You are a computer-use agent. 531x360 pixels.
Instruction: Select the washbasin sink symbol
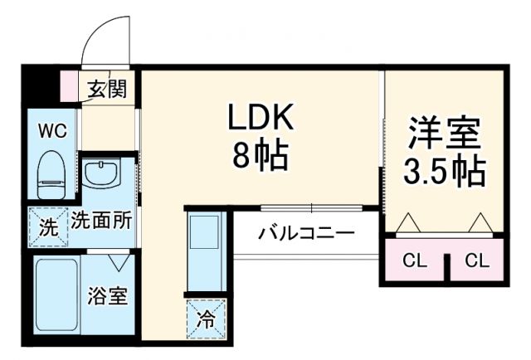pos(103,175)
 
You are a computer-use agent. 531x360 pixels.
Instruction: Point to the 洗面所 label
pos(102,221)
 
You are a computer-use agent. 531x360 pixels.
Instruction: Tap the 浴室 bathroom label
pos(108,296)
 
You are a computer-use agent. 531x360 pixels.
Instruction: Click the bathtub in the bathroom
pos(57,295)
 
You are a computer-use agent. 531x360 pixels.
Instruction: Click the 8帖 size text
pos(261,155)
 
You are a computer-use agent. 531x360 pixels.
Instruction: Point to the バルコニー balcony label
pos(305,232)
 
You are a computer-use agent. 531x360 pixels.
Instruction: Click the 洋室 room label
pos(445,133)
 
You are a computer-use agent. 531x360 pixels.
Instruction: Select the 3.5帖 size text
pos(445,172)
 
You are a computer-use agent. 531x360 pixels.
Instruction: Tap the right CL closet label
pos(476,261)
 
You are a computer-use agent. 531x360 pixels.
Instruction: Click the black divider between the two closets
pos(446,265)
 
